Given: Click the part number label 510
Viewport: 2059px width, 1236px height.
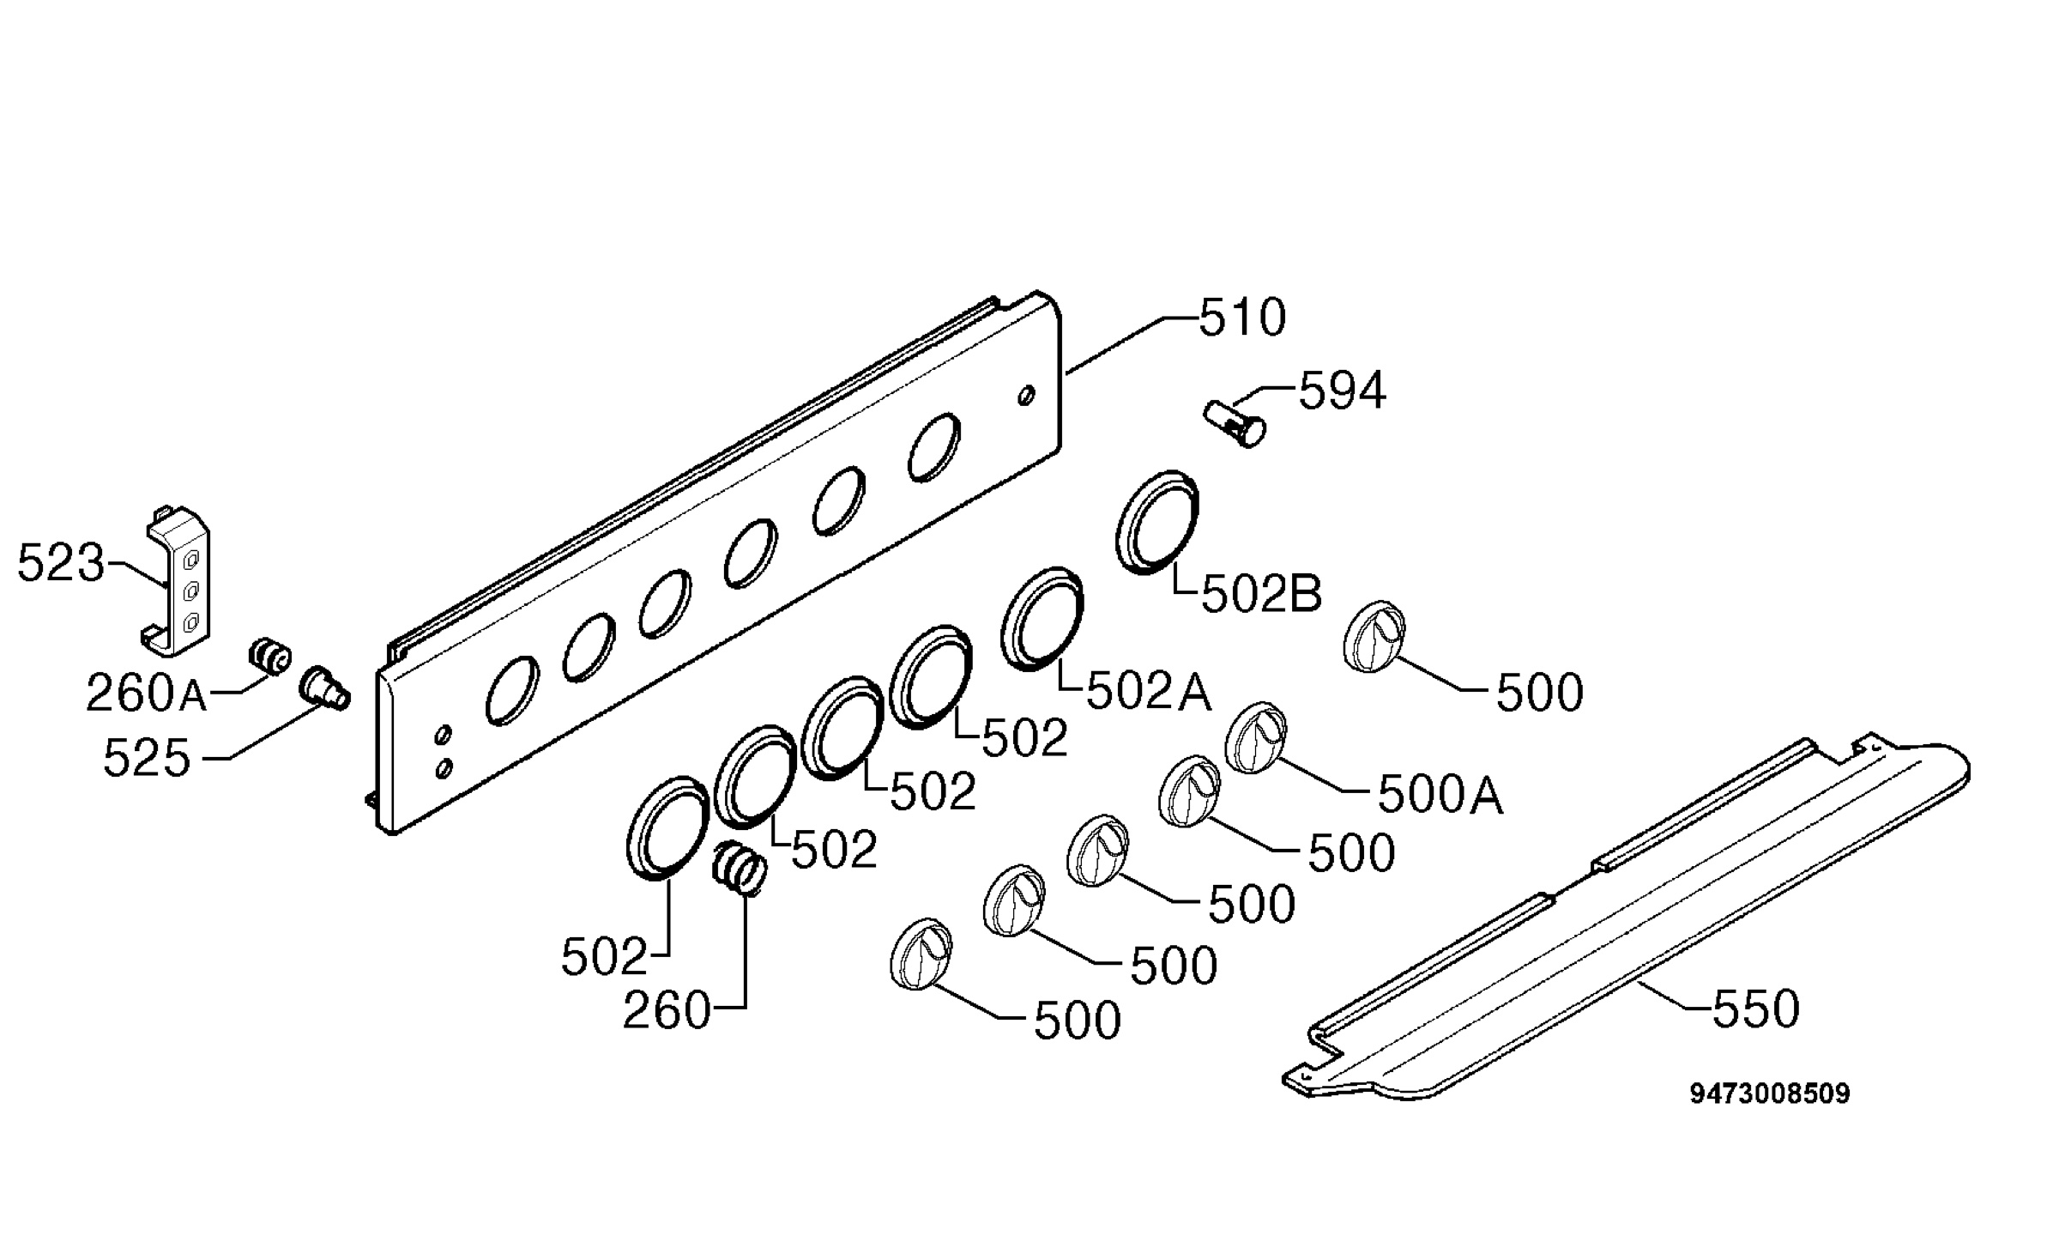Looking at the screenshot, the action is point(1242,318).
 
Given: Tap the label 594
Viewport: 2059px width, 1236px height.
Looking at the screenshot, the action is point(1342,391).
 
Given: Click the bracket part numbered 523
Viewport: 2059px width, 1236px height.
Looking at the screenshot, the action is point(177,581).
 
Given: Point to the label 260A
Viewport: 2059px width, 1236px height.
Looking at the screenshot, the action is point(147,694).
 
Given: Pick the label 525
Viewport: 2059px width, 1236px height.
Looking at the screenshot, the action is point(147,759).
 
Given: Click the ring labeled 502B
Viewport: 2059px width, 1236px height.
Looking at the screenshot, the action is point(1157,522).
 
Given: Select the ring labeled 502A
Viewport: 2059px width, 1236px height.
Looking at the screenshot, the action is point(1042,618).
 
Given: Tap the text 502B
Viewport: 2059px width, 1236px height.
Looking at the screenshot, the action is point(1261,594).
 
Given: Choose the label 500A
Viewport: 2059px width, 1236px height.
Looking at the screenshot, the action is point(1440,796).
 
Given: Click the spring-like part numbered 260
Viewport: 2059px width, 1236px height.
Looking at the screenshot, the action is point(739,869).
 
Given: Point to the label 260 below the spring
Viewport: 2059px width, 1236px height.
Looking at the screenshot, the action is point(667,1011).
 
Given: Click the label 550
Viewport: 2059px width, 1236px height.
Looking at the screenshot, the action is point(1756,1009).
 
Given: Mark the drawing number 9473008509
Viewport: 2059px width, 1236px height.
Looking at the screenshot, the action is point(1770,1094).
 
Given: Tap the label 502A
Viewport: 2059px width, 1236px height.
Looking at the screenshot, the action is point(1149,692).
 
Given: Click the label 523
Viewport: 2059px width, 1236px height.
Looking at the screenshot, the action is point(61,564).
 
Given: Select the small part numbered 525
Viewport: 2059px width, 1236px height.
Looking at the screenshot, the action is point(324,688).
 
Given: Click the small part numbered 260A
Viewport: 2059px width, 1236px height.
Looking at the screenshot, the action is point(269,656).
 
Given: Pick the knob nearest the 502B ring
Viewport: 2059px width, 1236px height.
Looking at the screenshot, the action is point(1374,636).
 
